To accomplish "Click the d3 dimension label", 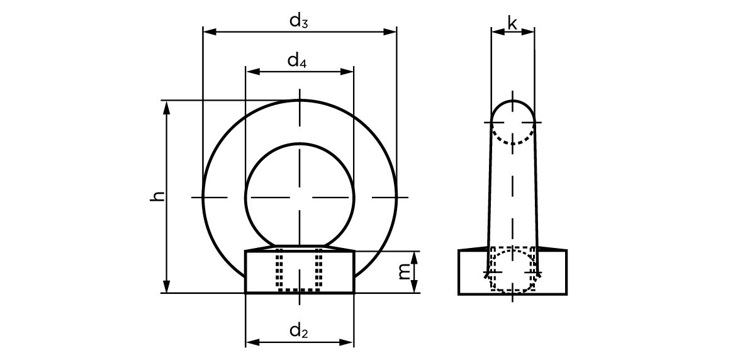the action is tap(298, 21).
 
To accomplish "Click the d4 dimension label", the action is tap(297, 61).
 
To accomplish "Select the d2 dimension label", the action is tap(298, 331).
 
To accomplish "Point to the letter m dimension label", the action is tap(403, 271).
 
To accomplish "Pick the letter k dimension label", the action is tap(512, 23).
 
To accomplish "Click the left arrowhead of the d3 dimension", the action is tap(209, 32).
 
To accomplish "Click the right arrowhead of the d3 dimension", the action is tap(390, 32).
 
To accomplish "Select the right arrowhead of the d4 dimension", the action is tap(347, 72).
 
